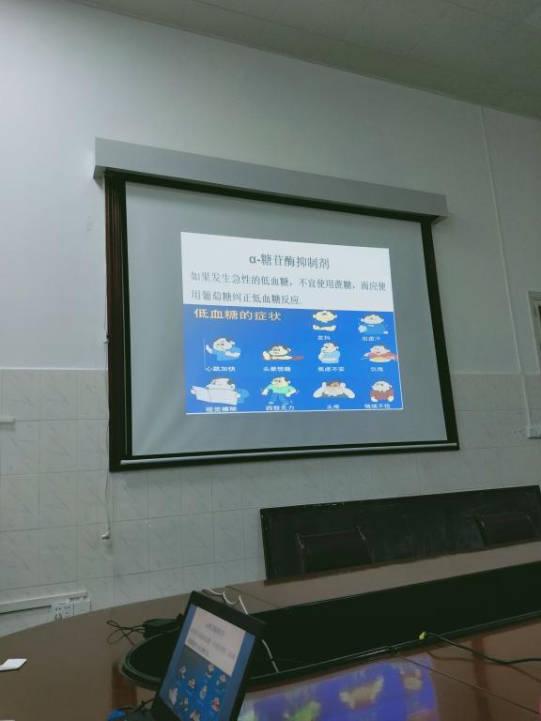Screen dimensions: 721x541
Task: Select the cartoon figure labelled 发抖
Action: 325,321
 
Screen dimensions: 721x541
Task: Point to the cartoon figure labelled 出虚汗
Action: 373,324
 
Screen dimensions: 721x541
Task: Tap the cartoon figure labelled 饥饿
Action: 379,354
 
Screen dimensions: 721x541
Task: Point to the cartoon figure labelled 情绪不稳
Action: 381,390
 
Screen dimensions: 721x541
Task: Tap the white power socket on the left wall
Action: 63,609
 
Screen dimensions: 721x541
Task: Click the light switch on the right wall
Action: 533,430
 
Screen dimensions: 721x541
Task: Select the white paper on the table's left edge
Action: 11,664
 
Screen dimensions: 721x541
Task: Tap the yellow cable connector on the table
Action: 422,636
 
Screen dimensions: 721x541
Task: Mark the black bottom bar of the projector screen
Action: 282,454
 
